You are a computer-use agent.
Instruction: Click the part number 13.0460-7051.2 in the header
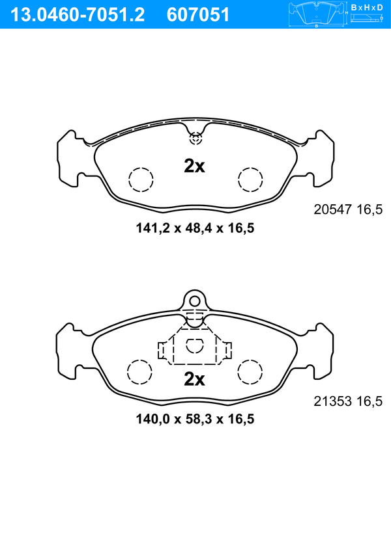pos(78,15)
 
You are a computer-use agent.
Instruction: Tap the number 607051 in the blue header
pos(198,15)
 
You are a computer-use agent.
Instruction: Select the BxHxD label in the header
pos(367,7)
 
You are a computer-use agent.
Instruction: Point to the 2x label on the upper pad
pos(194,167)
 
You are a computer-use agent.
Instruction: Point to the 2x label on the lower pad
pos(194,379)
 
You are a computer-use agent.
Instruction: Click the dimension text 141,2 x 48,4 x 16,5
pos(195,228)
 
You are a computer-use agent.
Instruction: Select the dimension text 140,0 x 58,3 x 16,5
pos(195,419)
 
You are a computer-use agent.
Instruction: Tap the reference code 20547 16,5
pos(348,209)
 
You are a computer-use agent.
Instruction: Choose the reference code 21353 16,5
pos(348,401)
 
